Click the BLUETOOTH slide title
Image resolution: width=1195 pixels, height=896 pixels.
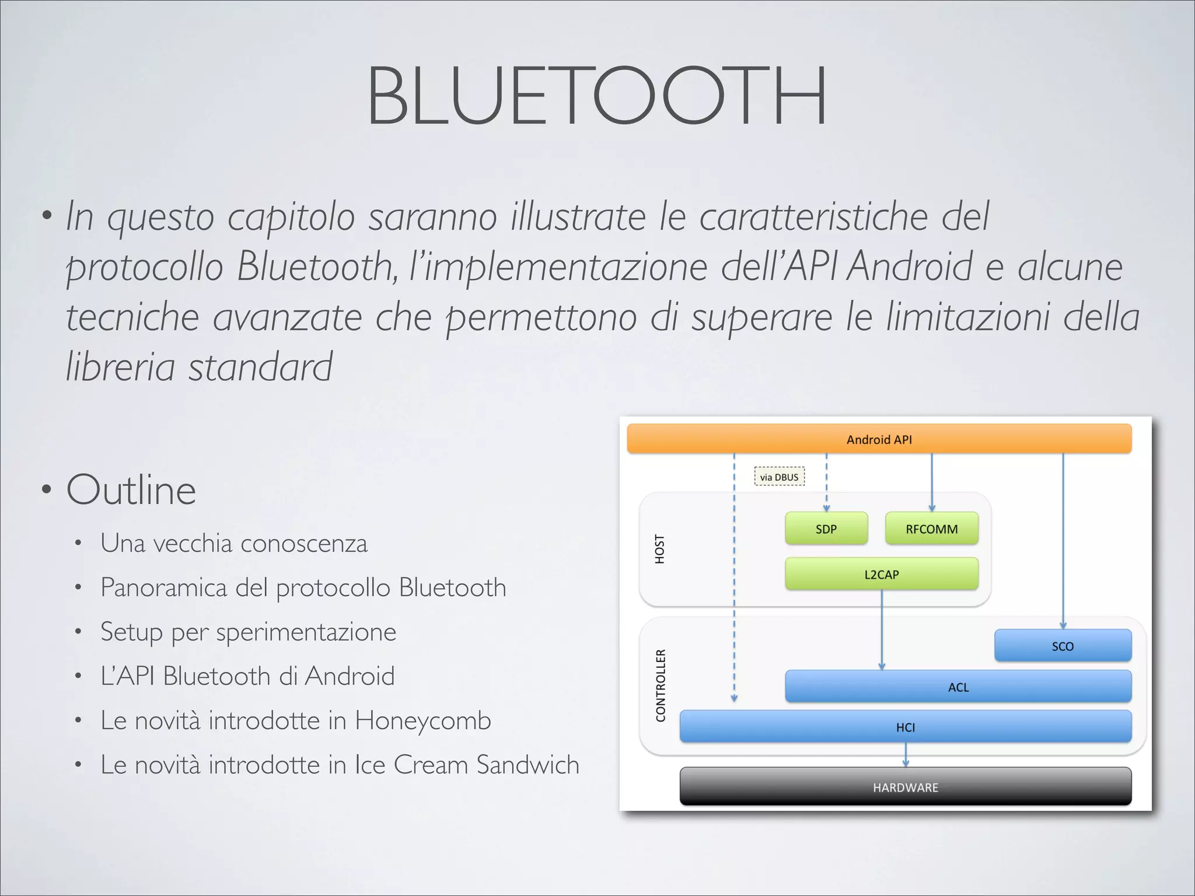pos(596,96)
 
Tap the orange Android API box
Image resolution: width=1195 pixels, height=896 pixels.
pos(879,439)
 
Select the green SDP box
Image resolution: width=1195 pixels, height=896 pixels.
pos(826,528)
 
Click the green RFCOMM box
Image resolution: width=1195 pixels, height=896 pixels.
pos(931,528)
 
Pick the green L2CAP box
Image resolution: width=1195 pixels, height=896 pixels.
pos(881,574)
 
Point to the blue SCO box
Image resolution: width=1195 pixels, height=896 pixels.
pos(1062,646)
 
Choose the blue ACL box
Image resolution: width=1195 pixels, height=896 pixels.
pos(958,687)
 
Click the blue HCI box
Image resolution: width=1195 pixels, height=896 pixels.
pos(905,727)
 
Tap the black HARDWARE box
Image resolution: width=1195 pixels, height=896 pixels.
pos(905,787)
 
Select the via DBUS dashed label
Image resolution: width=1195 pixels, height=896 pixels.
pos(779,477)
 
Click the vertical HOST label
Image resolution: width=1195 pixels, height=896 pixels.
pos(660,549)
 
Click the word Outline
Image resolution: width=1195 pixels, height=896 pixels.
pos(131,490)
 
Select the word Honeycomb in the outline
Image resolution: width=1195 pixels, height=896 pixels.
pos(422,720)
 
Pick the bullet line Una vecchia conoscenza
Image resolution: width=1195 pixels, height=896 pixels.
pos(233,543)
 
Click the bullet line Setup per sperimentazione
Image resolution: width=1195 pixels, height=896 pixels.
pos(248,632)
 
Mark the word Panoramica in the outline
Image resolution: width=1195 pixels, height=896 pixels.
pos(163,587)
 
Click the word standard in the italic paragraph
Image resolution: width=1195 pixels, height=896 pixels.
pos(260,367)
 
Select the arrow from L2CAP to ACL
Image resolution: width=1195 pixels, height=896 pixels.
pos(882,630)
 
